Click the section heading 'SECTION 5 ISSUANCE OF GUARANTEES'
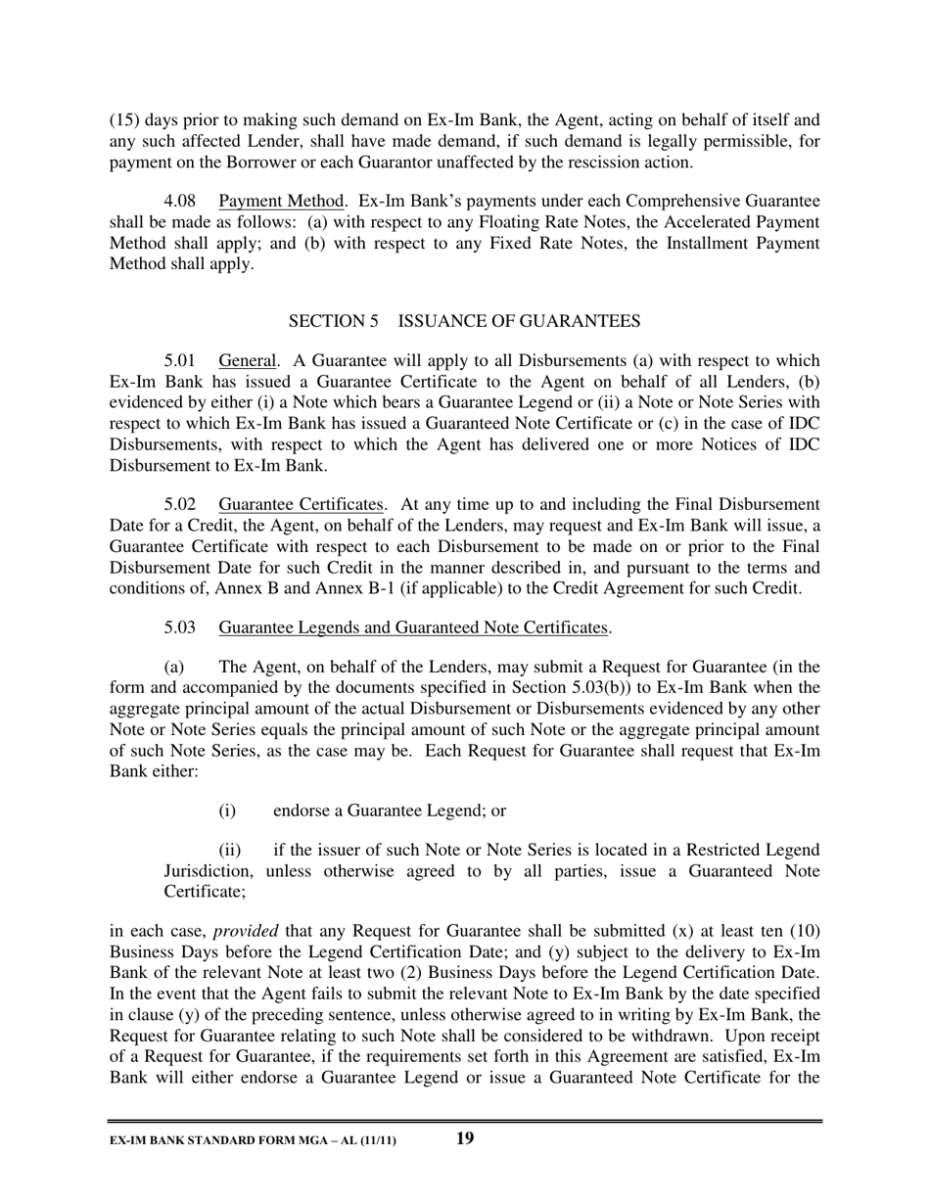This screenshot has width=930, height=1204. coord(464,321)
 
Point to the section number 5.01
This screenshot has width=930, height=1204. coord(180,360)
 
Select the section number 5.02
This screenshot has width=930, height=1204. coord(180,505)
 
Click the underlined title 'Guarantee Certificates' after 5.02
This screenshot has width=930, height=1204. coord(301,505)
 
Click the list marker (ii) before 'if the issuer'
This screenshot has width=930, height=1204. coord(229,850)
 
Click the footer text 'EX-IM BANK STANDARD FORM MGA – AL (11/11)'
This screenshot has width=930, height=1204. coord(253,1140)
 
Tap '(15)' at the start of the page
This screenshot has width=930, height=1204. coord(125,121)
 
